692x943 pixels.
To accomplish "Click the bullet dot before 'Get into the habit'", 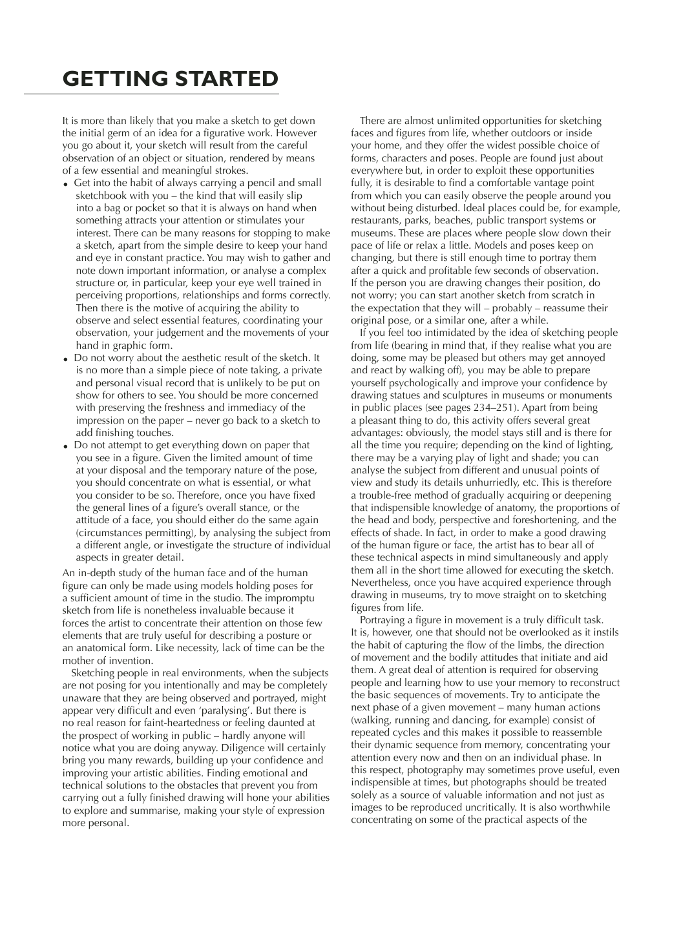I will tap(66, 185).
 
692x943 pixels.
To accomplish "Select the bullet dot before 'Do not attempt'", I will tap(66, 446).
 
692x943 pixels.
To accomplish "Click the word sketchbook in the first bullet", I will tap(100, 195).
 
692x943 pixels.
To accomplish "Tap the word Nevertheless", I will tap(380, 583).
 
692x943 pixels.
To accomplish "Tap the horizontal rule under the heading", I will tap(151, 94).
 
